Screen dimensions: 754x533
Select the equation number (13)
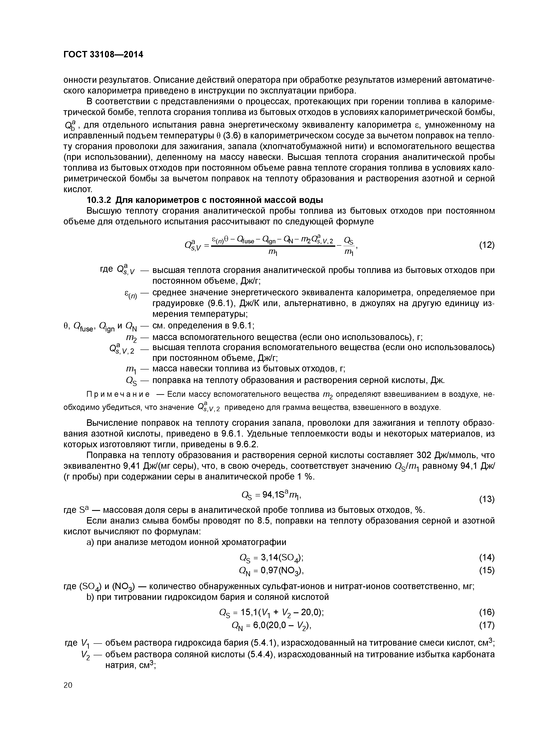(486, 500)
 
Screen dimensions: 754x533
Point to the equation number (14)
(486, 557)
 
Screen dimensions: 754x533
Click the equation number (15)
(486, 570)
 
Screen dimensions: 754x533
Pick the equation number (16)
(486, 612)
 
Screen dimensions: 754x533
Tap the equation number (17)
(486, 625)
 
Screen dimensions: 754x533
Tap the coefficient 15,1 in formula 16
(248, 612)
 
